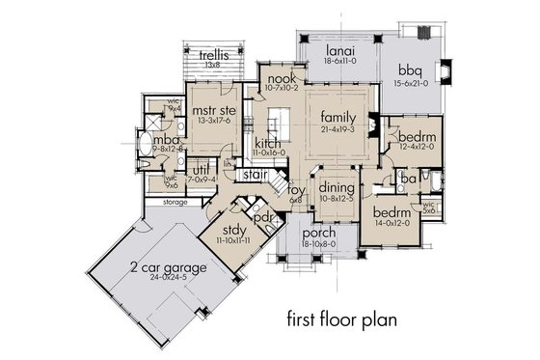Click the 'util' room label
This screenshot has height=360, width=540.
tap(197, 169)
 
